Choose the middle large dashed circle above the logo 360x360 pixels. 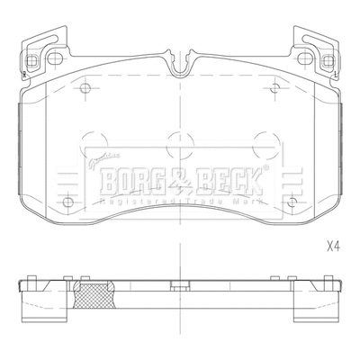tap(176, 142)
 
